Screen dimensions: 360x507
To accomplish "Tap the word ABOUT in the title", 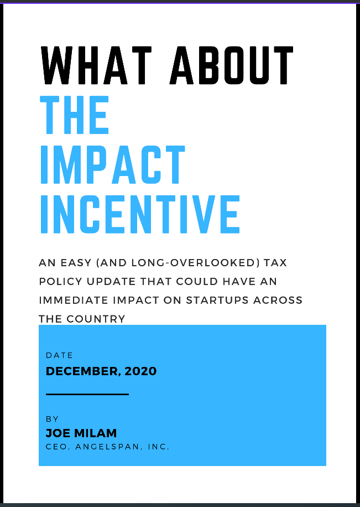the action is [232, 65].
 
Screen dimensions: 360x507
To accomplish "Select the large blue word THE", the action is [75, 115].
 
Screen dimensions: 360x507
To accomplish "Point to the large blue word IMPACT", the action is [112, 164].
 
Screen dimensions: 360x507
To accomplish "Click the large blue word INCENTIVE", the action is [140, 214].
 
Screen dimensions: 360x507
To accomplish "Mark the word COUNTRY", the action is [96, 319].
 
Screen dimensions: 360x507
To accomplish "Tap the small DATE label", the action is [60, 355].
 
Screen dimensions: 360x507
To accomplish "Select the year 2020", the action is [140, 371].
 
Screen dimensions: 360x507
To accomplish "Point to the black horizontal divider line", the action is [87, 394].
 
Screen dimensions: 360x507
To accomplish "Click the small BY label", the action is [52, 420].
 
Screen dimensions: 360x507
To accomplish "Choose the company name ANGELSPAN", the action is [108, 447].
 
